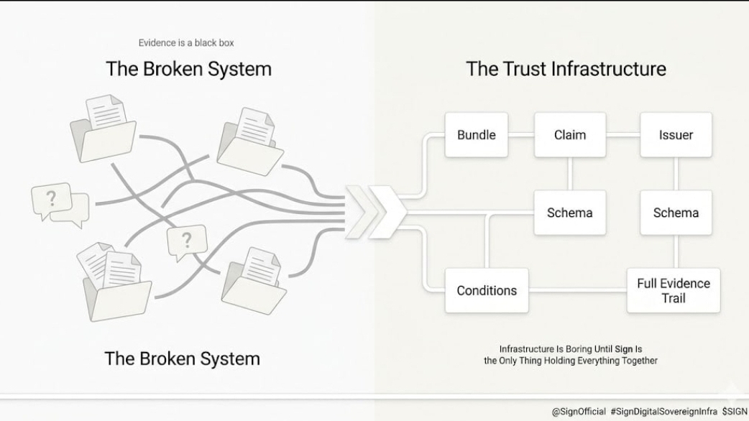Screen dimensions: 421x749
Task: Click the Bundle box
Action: [x=476, y=134]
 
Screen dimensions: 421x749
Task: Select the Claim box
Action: [x=569, y=134]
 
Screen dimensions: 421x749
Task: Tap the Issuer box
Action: [x=676, y=134]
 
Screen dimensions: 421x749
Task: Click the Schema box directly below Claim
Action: [x=569, y=213]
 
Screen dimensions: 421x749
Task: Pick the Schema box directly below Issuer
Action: [x=676, y=213]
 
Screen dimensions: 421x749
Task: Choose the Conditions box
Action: [x=487, y=290]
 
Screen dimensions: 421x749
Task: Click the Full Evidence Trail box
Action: [x=674, y=290]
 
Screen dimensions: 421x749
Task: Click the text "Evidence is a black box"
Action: [x=186, y=43]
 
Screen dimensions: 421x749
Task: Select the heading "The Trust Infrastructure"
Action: [x=566, y=69]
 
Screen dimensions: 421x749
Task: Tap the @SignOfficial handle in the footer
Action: [x=579, y=412]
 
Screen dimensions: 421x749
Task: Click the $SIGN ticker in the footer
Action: [x=735, y=412]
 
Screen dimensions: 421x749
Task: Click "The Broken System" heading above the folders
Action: [x=188, y=69]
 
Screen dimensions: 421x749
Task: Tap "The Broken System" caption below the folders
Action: [x=182, y=358]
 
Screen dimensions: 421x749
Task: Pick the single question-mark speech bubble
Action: [x=187, y=241]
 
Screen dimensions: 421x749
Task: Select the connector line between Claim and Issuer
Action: [x=623, y=134]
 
